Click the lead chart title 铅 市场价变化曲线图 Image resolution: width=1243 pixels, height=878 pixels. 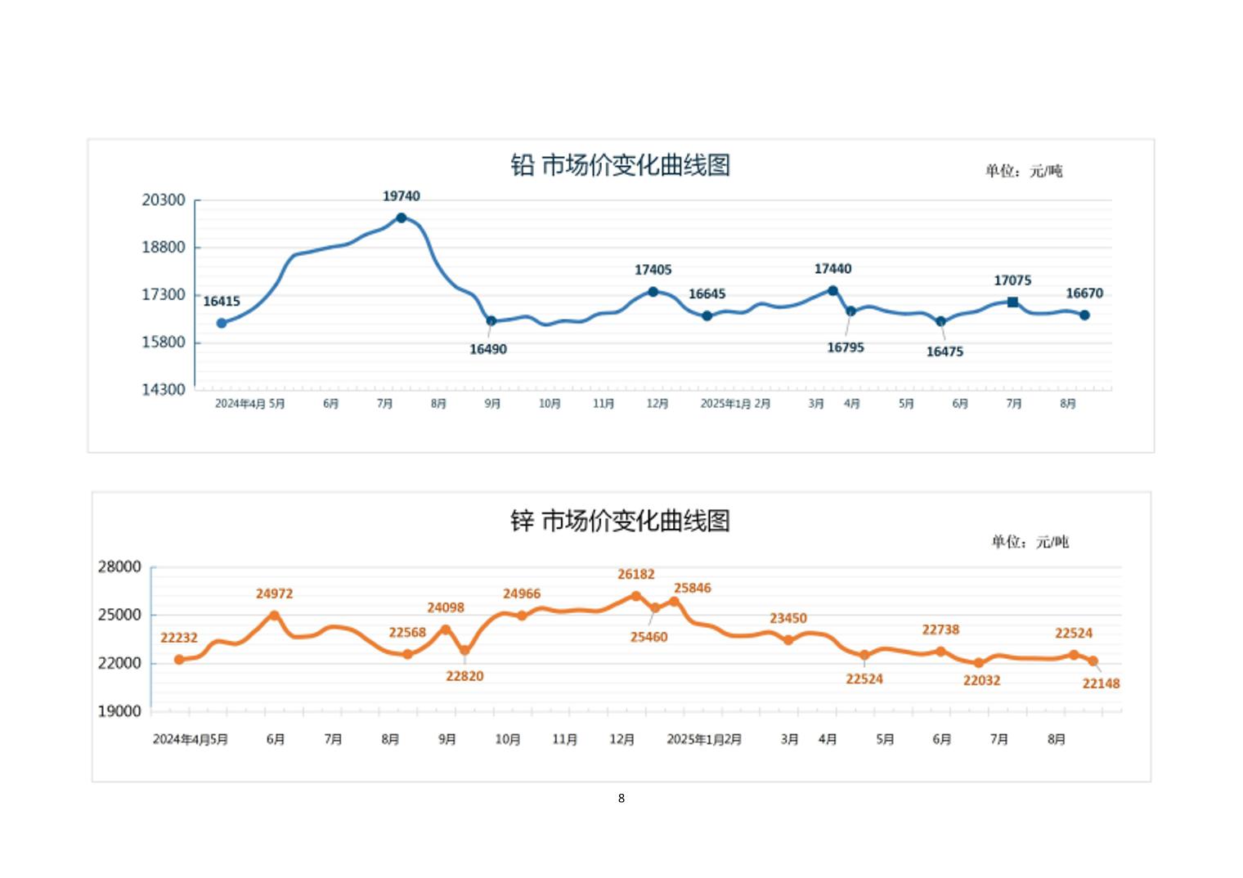coord(620,166)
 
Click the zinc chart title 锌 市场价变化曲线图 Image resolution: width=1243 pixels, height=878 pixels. coord(620,521)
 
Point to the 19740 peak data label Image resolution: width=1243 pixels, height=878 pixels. coord(402,196)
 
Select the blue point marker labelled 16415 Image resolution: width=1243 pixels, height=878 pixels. coord(222,323)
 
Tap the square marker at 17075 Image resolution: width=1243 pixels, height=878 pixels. coord(1012,302)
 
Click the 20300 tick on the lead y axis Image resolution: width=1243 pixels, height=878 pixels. coord(164,200)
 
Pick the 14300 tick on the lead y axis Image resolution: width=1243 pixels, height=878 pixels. coord(164,389)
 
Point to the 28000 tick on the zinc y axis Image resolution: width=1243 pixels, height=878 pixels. coord(119,567)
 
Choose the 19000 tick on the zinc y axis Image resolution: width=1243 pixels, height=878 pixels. coord(119,711)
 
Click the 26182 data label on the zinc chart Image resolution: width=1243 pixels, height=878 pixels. coord(636,575)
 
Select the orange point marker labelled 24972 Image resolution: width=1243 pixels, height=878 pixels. coord(275,616)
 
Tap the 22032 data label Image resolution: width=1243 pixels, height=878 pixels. coord(981,680)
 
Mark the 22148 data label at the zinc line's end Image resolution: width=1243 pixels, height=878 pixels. coord(1101,683)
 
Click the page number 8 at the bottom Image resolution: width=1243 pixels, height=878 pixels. coord(621,798)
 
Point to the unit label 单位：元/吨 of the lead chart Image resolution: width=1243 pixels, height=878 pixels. coord(1024,171)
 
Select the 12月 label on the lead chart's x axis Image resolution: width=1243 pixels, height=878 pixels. coord(657,404)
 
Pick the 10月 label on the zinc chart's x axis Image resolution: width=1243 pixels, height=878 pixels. coord(508,739)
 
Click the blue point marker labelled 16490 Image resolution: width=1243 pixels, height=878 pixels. coord(491,321)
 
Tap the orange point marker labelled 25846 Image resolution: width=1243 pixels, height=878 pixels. coord(675,602)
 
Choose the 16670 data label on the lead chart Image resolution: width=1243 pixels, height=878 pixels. coord(1084,293)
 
